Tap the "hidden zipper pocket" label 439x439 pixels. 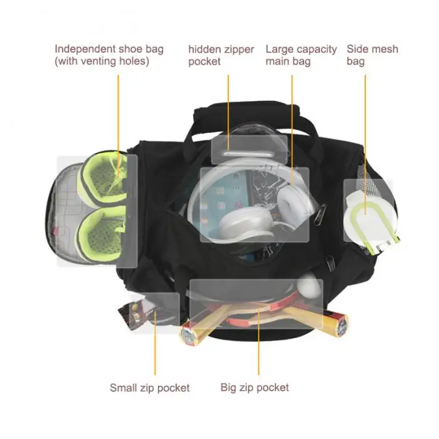pos(221,55)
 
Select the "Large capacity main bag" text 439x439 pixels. pos(301,55)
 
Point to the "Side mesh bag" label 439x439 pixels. pos(373,55)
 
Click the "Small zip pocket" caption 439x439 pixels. pos(149,388)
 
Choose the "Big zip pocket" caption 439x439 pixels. pos(255,388)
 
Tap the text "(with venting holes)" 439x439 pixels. pos(102,61)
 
